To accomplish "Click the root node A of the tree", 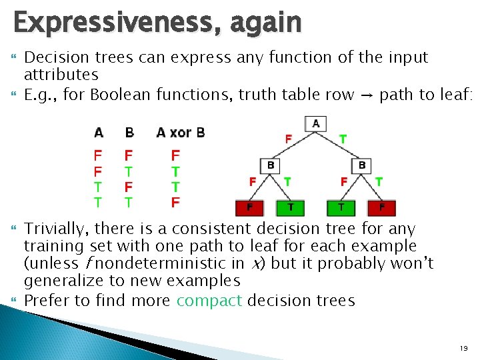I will point(315,123).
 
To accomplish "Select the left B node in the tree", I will point(271,165).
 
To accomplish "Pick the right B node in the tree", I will point(362,165).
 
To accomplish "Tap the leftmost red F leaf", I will point(249,207).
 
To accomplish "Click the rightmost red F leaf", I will point(382,207).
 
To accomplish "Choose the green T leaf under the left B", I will point(291,207).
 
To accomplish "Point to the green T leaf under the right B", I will point(341,207).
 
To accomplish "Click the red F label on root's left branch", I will point(289,139).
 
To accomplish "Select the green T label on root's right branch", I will point(343,139).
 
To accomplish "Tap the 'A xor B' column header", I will point(181,132).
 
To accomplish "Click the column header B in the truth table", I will point(129,132).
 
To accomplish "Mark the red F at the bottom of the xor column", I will point(175,202).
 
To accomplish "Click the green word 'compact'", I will point(209,301).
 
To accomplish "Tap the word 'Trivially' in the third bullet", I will point(55,229).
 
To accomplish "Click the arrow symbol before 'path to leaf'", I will point(367,95).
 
